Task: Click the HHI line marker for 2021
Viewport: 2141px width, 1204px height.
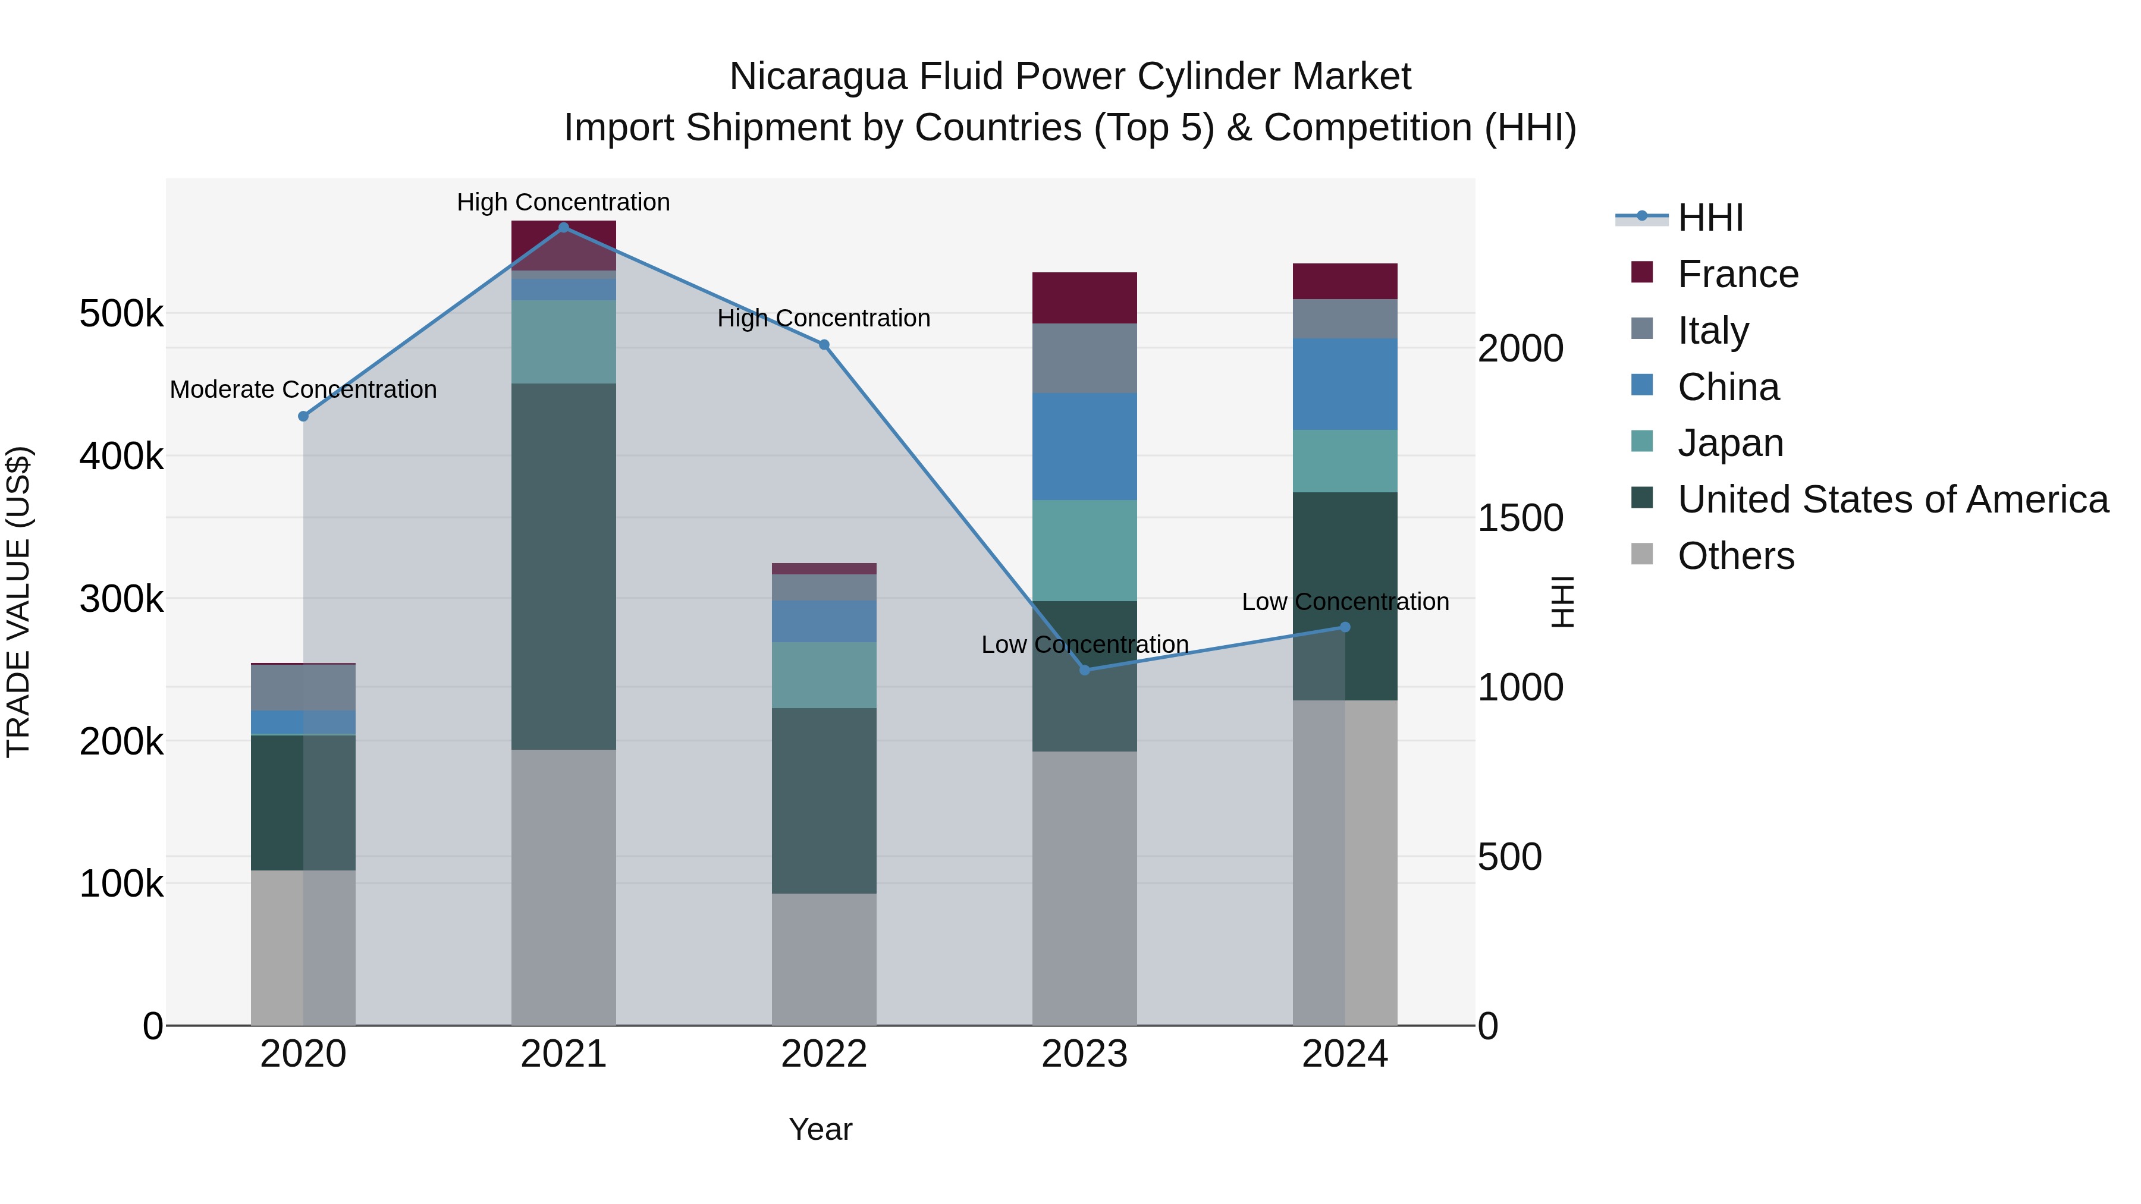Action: (x=564, y=228)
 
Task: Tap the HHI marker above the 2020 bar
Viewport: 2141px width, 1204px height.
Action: (x=303, y=416)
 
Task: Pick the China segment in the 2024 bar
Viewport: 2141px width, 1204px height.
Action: (x=1344, y=384)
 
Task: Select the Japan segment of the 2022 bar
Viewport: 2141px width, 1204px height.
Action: (x=824, y=675)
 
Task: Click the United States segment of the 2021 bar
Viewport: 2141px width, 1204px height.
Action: (x=564, y=566)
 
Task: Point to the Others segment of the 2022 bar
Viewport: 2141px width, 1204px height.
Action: (x=824, y=959)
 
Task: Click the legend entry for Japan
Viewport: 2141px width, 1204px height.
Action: (x=1731, y=443)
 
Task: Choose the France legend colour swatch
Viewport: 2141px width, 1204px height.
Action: (x=1641, y=272)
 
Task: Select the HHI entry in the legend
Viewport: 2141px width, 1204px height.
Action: (x=1710, y=218)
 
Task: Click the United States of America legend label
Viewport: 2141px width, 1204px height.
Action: (x=1892, y=499)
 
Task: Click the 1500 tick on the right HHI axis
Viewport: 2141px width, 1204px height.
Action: (x=1520, y=518)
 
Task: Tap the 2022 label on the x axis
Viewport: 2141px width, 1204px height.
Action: (x=824, y=1054)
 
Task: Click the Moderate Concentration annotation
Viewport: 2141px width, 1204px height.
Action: (x=303, y=389)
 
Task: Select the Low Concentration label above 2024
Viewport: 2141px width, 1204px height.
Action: (x=1345, y=602)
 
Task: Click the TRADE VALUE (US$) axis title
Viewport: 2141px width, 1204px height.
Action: (x=18, y=602)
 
